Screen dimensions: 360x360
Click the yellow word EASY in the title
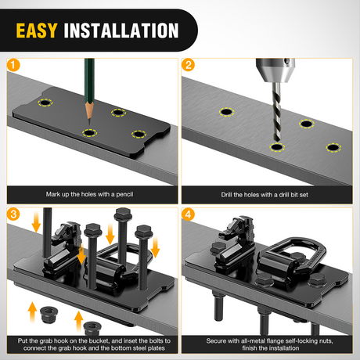click(x=37, y=31)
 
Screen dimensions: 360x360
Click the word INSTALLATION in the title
click(x=121, y=31)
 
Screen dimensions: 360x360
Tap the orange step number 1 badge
click(x=13, y=65)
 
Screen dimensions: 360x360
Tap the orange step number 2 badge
click(x=188, y=65)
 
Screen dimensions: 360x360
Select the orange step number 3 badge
click(x=13, y=214)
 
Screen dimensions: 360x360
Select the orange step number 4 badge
click(x=188, y=214)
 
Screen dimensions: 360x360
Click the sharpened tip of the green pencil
click(x=89, y=124)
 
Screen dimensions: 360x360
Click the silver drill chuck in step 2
click(x=275, y=70)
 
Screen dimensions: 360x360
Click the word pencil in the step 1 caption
click(x=124, y=194)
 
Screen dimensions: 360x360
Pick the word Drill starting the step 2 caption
click(x=226, y=195)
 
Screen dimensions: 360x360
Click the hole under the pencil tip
click(x=89, y=133)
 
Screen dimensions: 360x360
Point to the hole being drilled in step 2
click(x=277, y=147)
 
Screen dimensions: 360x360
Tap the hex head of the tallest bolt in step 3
click(x=123, y=214)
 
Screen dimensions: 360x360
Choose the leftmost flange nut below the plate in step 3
click(x=49, y=315)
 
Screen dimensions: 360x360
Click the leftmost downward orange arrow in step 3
click(x=36, y=221)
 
